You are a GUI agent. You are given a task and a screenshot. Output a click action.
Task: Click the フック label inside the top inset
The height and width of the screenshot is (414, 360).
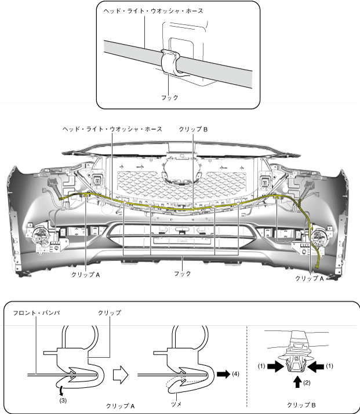point(169,97)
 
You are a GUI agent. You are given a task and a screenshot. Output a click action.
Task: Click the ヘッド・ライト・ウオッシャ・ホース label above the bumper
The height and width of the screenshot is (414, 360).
point(112,129)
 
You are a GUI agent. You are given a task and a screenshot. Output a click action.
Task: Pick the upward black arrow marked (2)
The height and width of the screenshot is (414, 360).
point(297,382)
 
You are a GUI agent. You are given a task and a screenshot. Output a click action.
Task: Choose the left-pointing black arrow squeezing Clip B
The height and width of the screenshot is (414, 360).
point(317,366)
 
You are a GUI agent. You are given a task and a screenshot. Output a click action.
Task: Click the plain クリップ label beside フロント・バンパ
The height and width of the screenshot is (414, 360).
point(111,313)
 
